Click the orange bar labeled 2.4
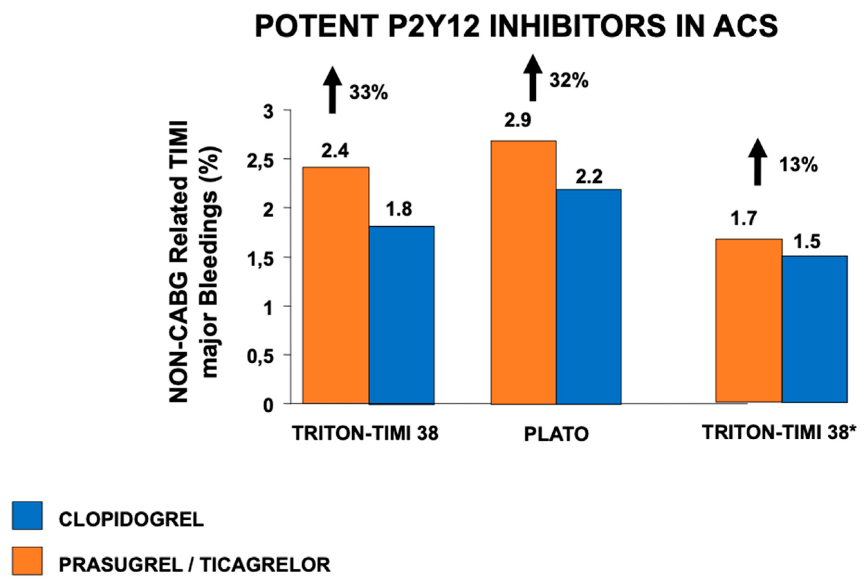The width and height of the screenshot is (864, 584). (x=336, y=285)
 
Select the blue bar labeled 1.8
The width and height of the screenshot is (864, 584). (x=401, y=315)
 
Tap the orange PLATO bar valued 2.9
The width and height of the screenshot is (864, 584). (x=524, y=272)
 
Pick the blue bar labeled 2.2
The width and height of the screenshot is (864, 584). (x=589, y=296)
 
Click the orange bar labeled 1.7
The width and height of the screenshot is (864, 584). (x=749, y=320)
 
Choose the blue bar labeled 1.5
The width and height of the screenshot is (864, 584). (x=814, y=329)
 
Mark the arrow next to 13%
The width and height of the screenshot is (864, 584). (x=758, y=162)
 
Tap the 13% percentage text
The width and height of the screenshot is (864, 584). (x=799, y=164)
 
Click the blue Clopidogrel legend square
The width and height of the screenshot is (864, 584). (x=27, y=515)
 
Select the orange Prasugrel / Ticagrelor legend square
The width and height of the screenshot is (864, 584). (x=27, y=560)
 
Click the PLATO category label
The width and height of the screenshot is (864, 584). (x=556, y=434)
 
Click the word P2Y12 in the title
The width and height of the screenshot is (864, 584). (x=434, y=27)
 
